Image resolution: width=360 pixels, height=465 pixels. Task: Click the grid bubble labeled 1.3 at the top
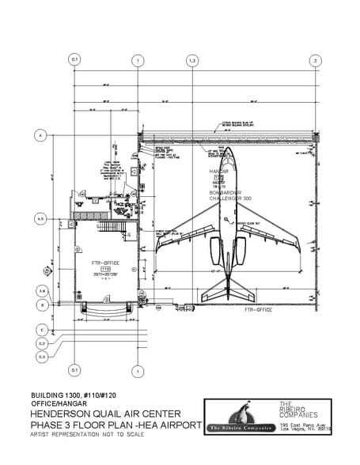[191, 60]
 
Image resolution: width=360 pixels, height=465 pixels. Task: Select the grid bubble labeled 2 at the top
[315, 60]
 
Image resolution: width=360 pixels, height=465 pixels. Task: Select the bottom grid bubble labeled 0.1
[75, 369]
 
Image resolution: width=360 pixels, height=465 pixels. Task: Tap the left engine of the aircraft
[214, 251]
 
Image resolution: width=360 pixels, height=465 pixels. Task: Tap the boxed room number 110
[105, 270]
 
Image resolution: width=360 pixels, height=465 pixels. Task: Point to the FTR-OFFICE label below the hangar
[260, 312]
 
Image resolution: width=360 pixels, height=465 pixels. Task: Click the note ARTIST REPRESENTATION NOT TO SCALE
[87, 436]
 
